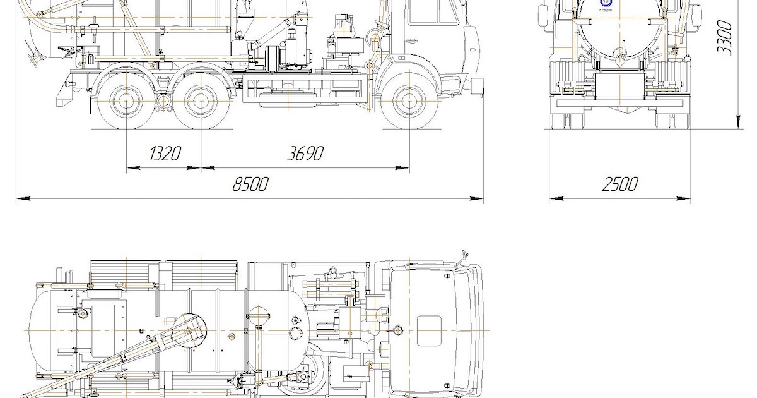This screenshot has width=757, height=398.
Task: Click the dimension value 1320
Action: [x=165, y=154]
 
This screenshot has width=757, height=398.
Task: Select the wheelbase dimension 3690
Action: [x=306, y=154]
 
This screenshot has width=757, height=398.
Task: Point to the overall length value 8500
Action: [x=250, y=184]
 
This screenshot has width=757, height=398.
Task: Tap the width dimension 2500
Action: [x=619, y=184]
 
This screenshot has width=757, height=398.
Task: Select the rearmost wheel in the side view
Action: [x=127, y=101]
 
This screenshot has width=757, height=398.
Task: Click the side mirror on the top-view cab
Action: [x=465, y=256]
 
